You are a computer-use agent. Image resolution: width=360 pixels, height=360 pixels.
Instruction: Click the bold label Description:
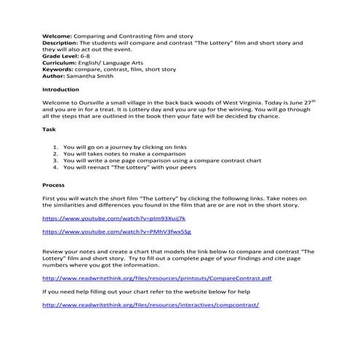63,42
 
